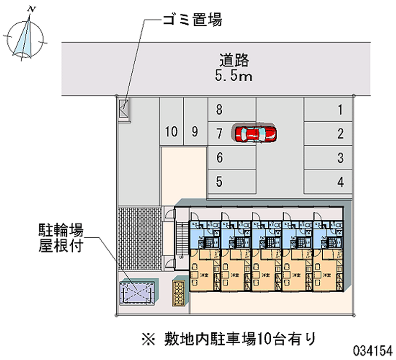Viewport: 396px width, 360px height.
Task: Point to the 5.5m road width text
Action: click(x=234, y=76)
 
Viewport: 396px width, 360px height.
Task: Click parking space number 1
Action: click(x=340, y=110)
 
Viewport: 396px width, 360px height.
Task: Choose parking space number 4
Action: click(x=340, y=182)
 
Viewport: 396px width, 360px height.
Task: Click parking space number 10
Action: click(x=171, y=132)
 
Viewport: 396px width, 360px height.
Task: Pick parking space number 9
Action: click(x=195, y=132)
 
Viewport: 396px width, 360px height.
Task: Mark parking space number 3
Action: click(x=340, y=158)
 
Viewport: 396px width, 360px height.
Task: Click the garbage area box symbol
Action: click(x=124, y=109)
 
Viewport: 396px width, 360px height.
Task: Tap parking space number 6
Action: click(x=219, y=158)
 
